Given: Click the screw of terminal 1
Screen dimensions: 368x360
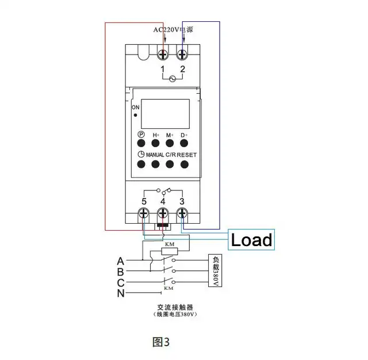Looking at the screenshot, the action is coord(163,55).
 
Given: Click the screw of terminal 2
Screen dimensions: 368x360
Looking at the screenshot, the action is coord(182,55).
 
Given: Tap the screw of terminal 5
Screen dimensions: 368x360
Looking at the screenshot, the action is coord(143,213).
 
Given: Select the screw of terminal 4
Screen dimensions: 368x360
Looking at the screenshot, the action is coord(163,213).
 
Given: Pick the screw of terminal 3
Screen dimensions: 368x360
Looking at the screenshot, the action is coord(182,213).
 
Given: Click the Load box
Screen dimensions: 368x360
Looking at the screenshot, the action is coord(251,240).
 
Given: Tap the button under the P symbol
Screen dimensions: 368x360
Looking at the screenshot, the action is coord(141,143).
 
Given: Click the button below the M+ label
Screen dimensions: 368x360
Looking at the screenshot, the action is coord(170,143).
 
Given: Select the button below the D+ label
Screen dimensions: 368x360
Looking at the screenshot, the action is coord(184,143).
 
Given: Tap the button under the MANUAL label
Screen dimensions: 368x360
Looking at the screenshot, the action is coord(155,164).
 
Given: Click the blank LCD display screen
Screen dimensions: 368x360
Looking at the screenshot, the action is coord(165,114).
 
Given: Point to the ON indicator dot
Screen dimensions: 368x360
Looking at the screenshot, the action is coord(136,115).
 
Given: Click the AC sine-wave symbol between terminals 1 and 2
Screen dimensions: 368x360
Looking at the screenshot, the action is coord(172,79).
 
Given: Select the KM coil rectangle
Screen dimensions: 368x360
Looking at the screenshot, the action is coord(170,251).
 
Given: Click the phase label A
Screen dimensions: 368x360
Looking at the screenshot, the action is coord(120,261).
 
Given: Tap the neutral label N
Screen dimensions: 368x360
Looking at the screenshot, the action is coord(121,293).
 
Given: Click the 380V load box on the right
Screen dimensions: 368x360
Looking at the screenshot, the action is coord(215,270).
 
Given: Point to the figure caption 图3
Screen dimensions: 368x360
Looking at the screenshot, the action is coord(161,342).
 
